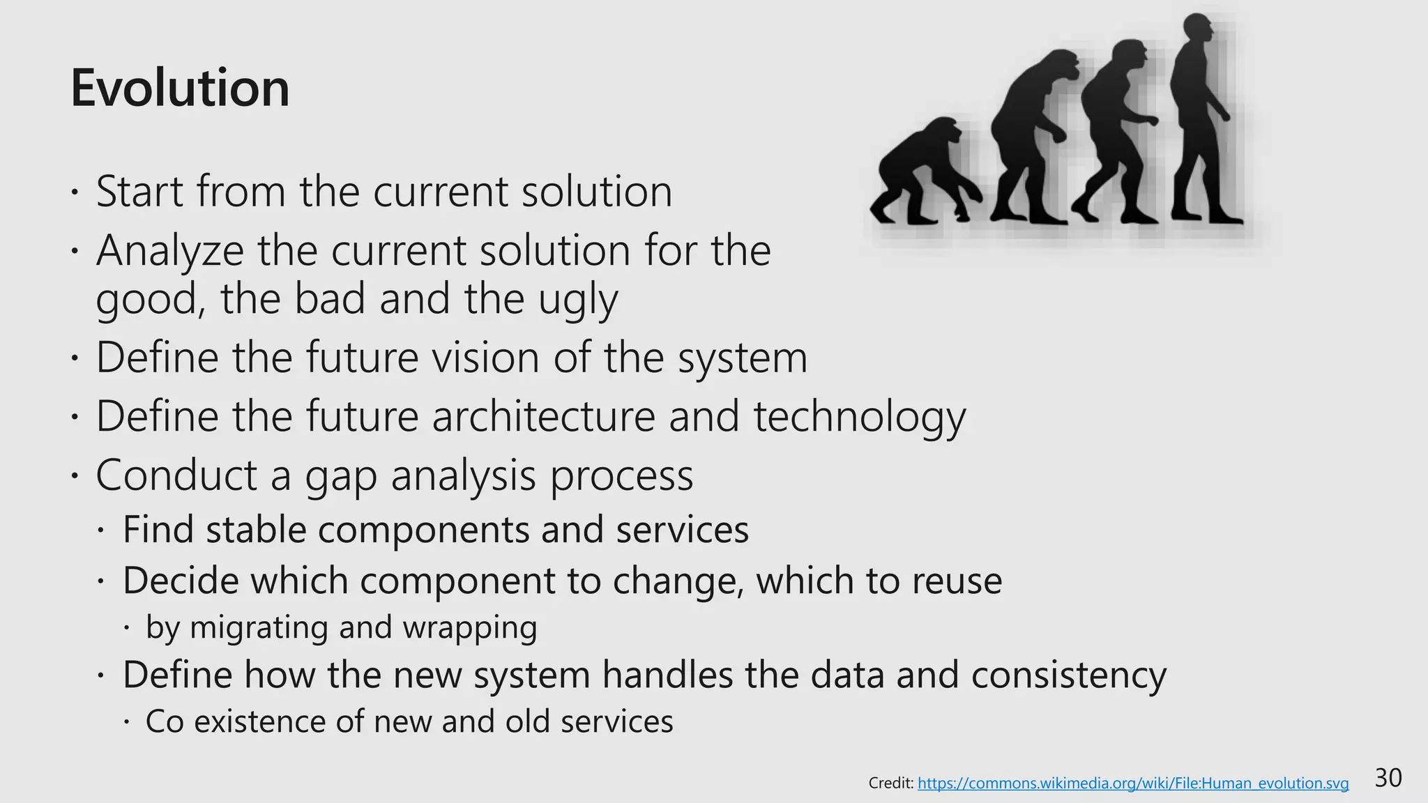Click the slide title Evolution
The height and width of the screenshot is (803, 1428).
(180, 89)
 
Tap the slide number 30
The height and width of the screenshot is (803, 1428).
(1388, 778)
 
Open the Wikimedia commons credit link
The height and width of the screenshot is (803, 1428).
(1133, 783)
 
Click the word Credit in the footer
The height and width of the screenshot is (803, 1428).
(890, 783)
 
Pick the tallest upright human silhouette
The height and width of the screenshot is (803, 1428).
(1200, 122)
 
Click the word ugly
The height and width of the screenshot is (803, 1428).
(578, 300)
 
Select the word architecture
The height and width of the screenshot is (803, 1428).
(544, 417)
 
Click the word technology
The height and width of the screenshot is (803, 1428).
(860, 417)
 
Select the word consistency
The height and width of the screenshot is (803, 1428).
(1068, 675)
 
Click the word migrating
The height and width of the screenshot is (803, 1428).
(257, 628)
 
